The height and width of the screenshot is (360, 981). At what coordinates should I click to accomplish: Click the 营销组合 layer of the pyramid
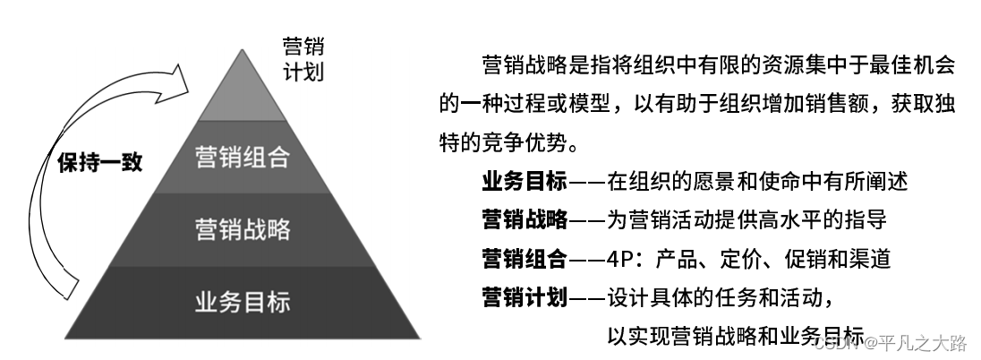click(x=243, y=159)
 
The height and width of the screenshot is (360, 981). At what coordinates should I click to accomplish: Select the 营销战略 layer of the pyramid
click(x=243, y=228)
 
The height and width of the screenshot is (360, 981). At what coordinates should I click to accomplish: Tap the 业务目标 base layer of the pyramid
click(x=243, y=301)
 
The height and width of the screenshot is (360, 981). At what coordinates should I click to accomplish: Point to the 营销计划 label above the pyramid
click(x=302, y=58)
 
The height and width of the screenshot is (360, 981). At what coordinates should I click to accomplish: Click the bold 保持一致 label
click(x=99, y=165)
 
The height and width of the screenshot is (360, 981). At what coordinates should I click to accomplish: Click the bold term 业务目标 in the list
click(x=525, y=182)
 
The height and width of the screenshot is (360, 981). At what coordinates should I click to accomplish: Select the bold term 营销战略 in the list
click(x=525, y=219)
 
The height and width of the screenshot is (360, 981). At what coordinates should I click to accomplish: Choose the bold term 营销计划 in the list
click(x=525, y=296)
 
